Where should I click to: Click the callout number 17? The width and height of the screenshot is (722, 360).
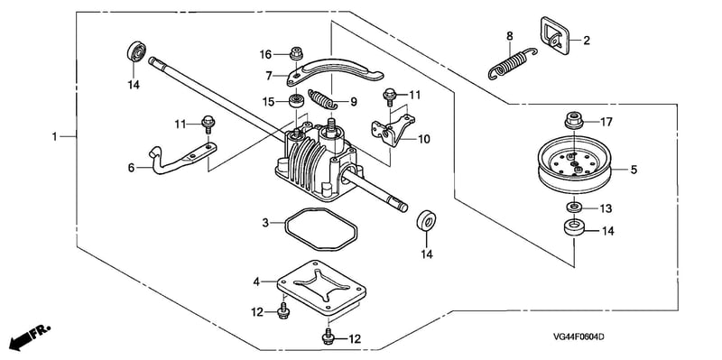click(x=606, y=123)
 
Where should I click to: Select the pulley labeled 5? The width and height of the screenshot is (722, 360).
click(x=575, y=167)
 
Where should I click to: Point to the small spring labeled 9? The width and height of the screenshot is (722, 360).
click(x=322, y=99)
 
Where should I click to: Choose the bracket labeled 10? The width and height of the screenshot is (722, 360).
click(x=393, y=130)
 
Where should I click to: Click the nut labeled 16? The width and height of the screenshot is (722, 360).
click(x=296, y=55)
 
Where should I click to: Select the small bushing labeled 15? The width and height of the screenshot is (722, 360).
click(x=295, y=101)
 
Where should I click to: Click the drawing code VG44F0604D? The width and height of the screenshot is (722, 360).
click(x=579, y=337)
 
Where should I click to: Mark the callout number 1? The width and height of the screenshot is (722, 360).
click(x=54, y=137)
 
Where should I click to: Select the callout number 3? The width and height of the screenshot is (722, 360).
click(x=265, y=223)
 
